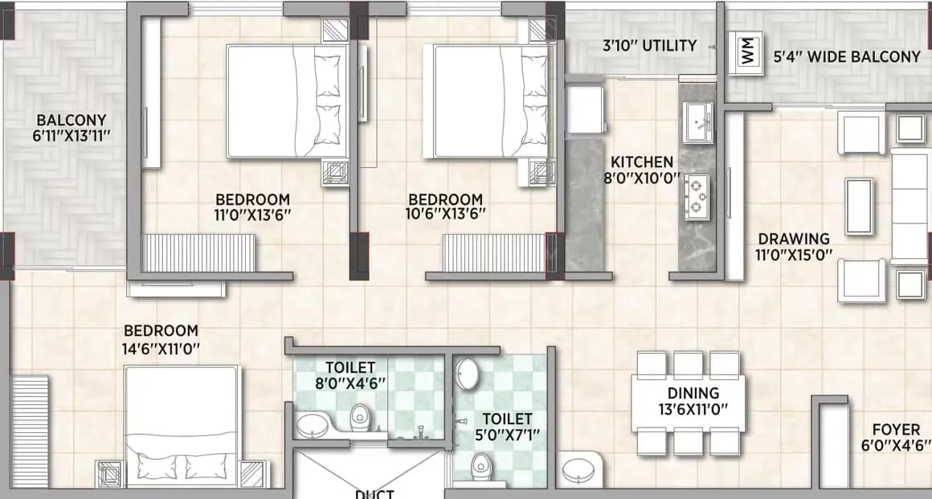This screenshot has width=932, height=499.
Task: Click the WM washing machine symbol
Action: click(748, 52)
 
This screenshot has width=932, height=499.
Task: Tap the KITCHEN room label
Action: click(642, 162)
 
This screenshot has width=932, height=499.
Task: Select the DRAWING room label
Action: click(794, 239)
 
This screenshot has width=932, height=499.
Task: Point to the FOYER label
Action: click(897, 431)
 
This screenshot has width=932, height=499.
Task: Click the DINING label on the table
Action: click(693, 393)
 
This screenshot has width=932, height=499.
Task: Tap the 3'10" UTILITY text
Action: click(649, 46)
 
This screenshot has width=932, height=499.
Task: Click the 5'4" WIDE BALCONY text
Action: click(847, 57)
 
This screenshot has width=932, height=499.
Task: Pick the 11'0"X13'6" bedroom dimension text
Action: click(252, 215)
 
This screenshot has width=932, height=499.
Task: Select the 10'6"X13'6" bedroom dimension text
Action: click(445, 215)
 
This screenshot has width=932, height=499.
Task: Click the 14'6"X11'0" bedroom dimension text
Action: click(161, 348)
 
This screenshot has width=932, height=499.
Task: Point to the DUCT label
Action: click(374, 493)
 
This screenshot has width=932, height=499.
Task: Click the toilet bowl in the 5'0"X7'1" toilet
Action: click(480, 464)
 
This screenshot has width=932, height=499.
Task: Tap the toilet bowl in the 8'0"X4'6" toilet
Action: click(359, 416)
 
